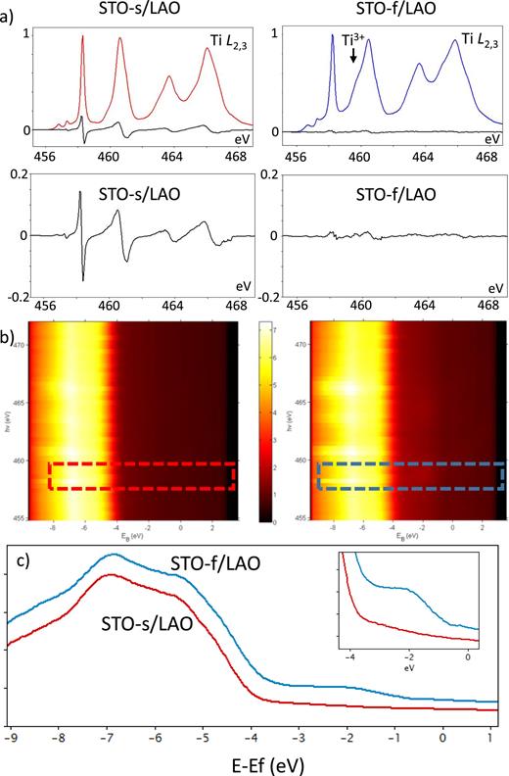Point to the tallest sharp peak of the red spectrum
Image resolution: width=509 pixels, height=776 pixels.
click(x=82, y=37)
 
